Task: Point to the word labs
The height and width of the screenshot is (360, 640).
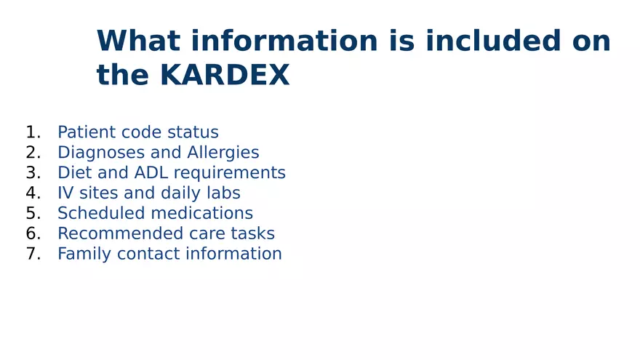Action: pos(223,193)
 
